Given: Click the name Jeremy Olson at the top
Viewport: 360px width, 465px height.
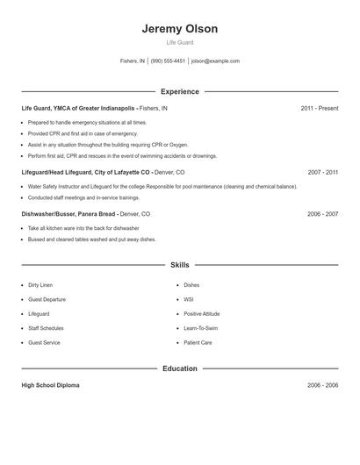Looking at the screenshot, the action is coord(180,29).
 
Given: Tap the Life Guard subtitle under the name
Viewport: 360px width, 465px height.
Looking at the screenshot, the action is coord(180,42).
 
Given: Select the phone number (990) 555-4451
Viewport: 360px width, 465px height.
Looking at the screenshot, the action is coord(168,61).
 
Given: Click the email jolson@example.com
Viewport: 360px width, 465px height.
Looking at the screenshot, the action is coord(215,61).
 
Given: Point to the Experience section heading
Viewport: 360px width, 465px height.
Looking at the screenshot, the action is coord(180,91).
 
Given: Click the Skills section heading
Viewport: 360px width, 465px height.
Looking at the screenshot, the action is coord(180,264).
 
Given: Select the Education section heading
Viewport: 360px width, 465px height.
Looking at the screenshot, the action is coord(180,368).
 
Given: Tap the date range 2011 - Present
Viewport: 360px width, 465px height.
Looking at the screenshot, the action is coord(319,108).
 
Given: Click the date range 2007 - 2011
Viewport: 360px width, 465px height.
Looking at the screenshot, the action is coord(322,173).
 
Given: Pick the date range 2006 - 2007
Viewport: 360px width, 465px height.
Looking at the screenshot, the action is coord(322,214).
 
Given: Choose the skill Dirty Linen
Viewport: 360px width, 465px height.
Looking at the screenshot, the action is coord(40,285).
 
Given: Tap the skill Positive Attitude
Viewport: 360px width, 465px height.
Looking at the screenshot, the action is coord(202,314).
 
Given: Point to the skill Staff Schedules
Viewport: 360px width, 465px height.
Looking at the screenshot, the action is coord(46,328).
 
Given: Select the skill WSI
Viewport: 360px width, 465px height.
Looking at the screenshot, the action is coord(189,299).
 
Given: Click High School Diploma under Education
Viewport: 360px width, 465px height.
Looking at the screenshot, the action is coord(50,385).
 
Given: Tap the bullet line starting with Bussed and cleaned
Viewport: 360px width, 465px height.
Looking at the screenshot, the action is coord(91,240).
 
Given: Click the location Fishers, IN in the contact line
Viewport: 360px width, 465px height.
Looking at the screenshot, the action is coord(132,61).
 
